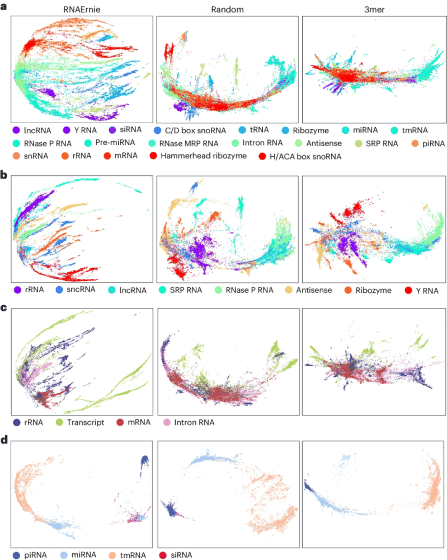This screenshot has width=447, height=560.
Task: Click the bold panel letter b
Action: tap(5, 175)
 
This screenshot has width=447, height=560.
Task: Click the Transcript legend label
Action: tap(84, 422)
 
